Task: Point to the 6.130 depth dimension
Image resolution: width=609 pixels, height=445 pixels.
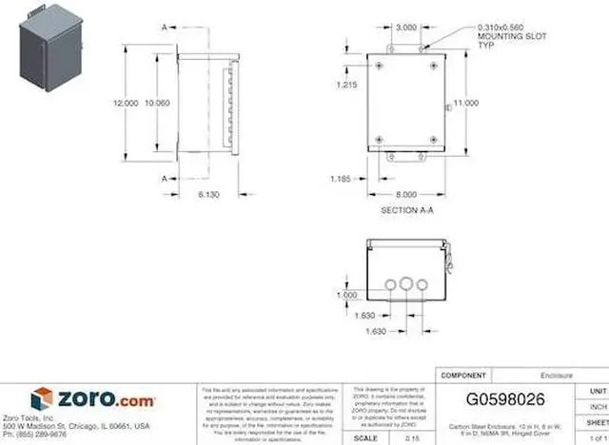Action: click(x=209, y=194)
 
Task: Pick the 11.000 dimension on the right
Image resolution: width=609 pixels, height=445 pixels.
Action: click(x=465, y=103)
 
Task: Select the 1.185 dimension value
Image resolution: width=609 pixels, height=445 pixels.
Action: click(x=342, y=178)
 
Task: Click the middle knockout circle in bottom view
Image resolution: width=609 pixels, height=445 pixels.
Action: click(x=407, y=283)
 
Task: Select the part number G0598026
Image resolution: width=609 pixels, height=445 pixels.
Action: click(x=505, y=399)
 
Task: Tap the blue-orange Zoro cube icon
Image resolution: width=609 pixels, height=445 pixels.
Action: click(x=42, y=398)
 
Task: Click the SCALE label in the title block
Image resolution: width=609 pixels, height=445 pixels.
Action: click(x=365, y=437)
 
